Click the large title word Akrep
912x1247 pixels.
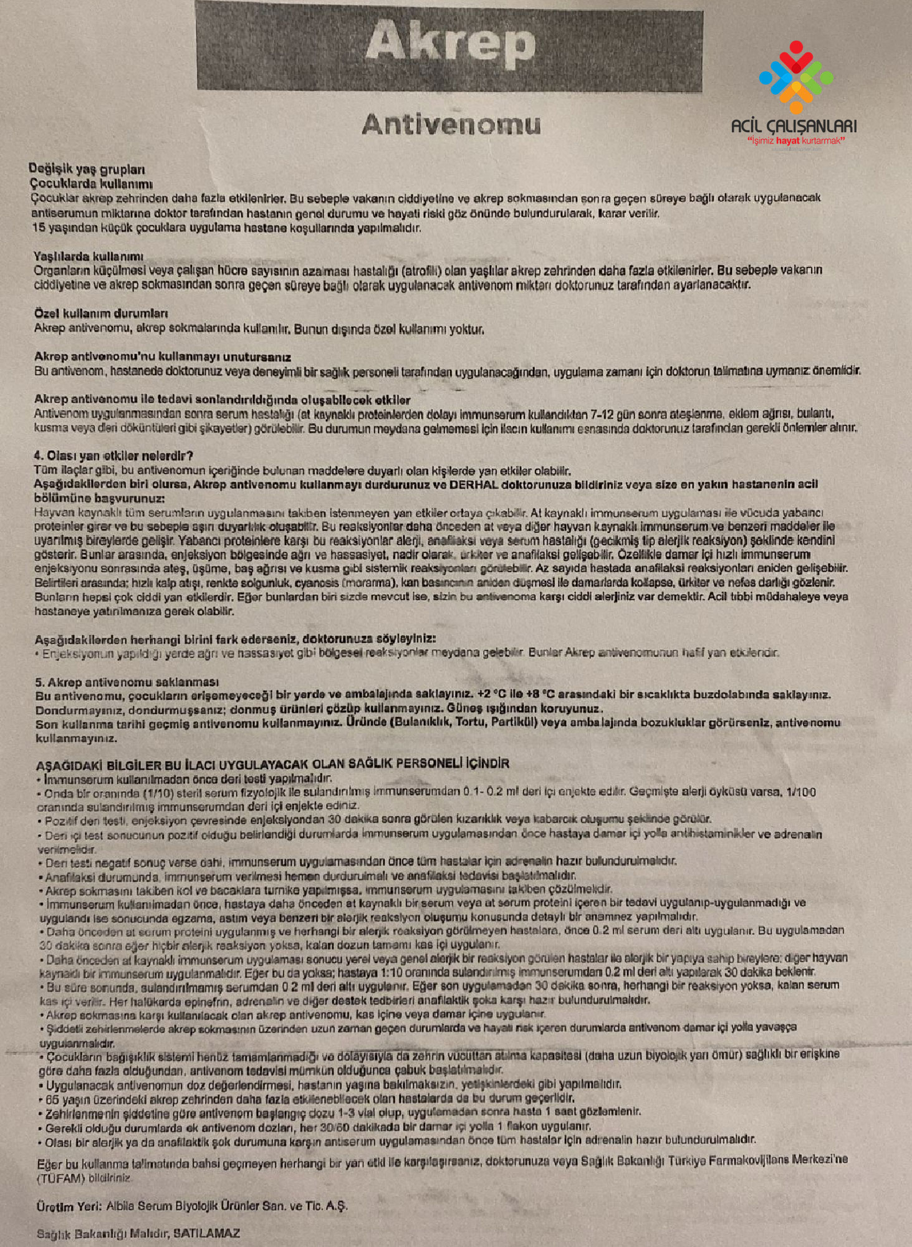coord(450,44)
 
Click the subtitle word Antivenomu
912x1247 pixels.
coord(451,125)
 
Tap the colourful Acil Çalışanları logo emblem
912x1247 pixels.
coord(795,77)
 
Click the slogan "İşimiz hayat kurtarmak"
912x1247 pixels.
coord(796,141)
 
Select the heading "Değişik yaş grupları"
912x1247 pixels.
coord(87,169)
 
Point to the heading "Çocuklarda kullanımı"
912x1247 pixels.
coord(91,184)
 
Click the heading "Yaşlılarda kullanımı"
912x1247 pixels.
coord(89,256)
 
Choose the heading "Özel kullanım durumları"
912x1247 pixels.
coord(101,313)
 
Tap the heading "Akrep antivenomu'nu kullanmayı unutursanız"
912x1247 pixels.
coord(163,357)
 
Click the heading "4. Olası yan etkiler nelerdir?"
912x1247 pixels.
coord(113,456)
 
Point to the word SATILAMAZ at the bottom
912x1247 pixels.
coord(206,1233)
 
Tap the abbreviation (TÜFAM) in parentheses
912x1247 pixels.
coord(60,1178)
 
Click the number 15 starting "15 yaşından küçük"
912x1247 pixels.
coord(39,228)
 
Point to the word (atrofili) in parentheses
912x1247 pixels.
coord(421,271)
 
